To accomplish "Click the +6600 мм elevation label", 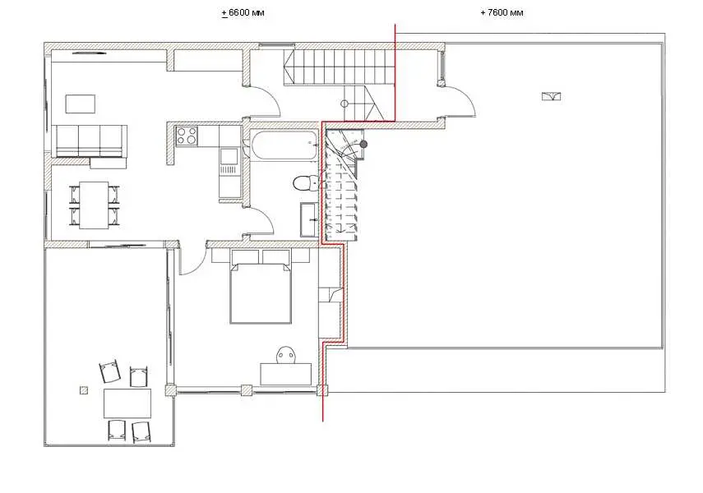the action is coord(243,12).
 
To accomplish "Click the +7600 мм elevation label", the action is coord(502,12).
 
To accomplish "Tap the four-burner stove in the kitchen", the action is coord(187,136).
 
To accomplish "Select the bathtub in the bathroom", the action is coord(284,145).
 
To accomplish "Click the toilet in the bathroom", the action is coord(305,183).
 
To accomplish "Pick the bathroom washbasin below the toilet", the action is coord(309,219).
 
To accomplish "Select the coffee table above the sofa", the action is coord(81,104).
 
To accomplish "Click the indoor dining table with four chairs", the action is coord(95,205).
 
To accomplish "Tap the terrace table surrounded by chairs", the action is coord(127,403).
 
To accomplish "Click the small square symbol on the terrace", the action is coord(84,390).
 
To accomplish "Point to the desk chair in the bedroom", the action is coord(286,354).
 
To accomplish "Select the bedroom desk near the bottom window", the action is coord(286,374).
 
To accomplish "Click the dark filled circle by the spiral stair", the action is coord(363,144).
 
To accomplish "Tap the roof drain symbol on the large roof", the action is coord(551,96).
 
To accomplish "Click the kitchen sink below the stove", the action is coord(229,157).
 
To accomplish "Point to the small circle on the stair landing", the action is coord(345,104).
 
